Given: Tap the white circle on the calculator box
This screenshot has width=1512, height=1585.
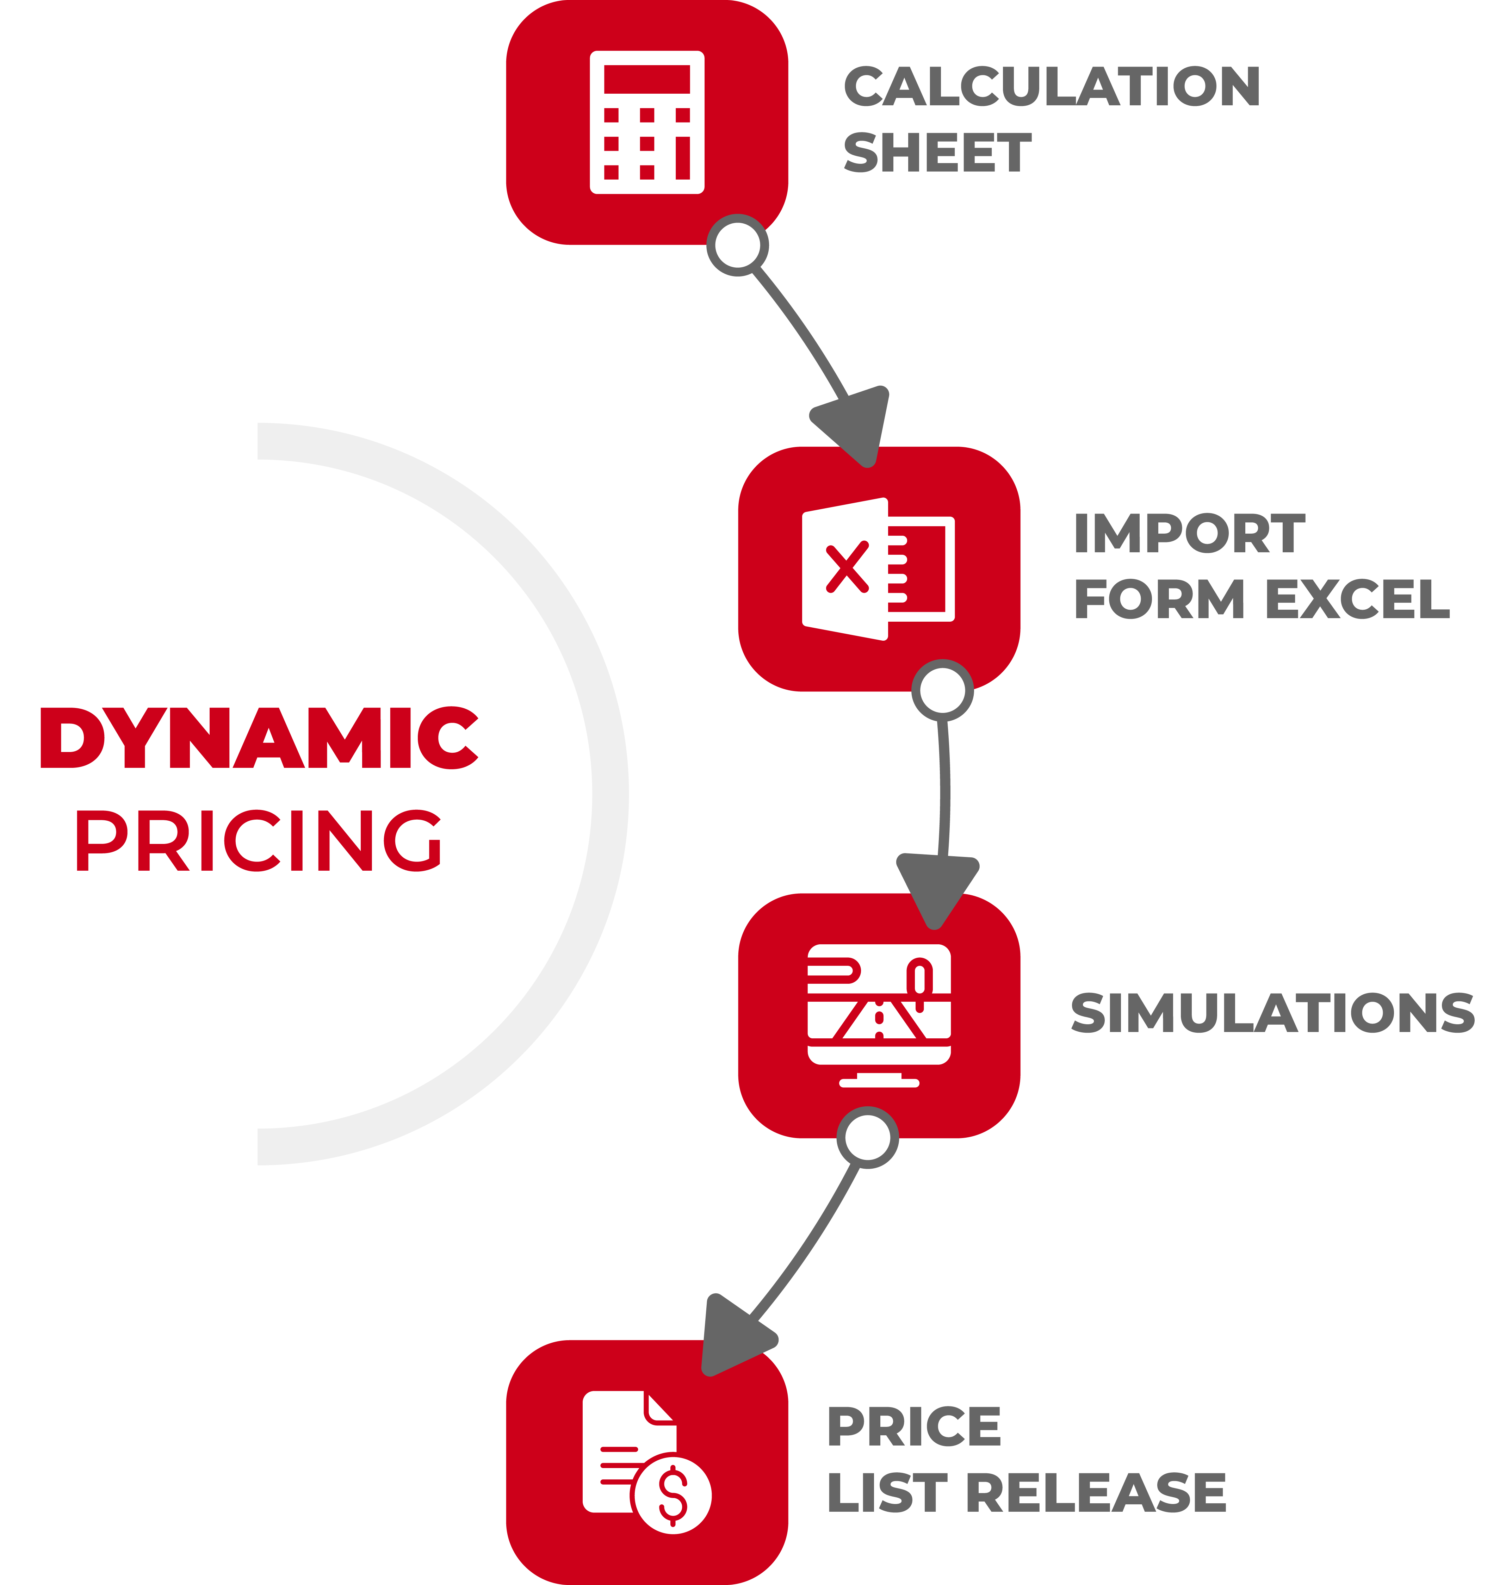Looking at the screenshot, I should click(x=737, y=245).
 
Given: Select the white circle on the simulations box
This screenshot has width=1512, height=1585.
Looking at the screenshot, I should click(x=867, y=1137).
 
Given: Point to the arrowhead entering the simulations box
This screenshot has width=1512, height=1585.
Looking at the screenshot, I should click(x=937, y=888).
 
